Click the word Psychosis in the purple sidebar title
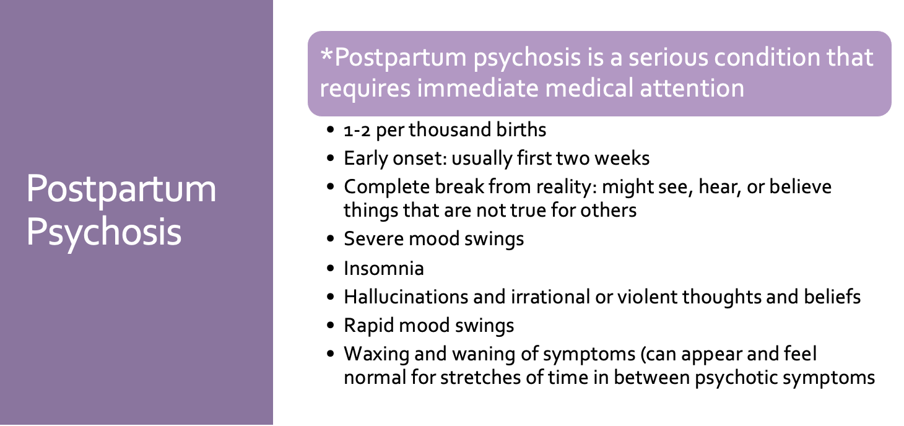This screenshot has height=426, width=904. coord(104,233)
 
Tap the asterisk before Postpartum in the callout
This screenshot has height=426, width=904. coord(326,54)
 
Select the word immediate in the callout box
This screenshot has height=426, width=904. coord(477,87)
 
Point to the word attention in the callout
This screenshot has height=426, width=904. coord(692,89)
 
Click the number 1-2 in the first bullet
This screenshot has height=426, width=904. coord(357,131)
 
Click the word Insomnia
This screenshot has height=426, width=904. coord(384,268)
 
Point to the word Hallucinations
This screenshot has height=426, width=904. coord(406,297)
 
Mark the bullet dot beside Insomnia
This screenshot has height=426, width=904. coord(331,268)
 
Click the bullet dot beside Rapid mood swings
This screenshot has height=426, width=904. coord(331,325)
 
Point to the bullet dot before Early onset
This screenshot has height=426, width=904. coord(331,158)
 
